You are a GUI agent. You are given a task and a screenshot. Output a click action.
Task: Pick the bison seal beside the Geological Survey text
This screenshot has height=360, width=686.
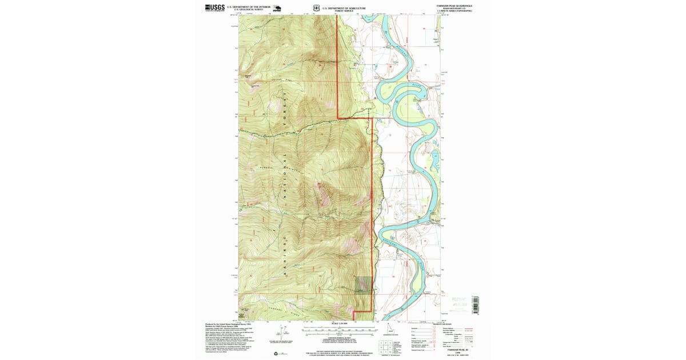click(x=277, y=8)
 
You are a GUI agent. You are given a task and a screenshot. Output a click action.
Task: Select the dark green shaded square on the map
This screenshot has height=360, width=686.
click(x=362, y=284)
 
